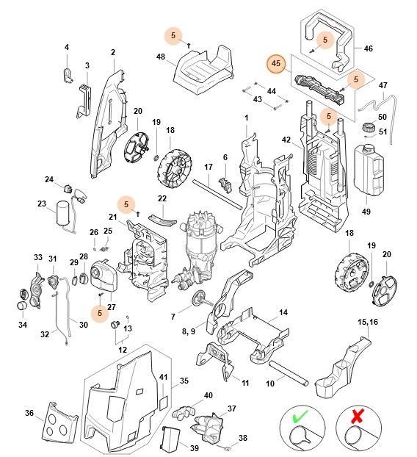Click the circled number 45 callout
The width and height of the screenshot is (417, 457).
tap(276, 65)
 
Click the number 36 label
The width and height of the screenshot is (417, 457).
tap(30, 413)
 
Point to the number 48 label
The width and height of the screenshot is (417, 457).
tap(161, 57)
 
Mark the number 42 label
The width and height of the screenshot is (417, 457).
tap(287, 140)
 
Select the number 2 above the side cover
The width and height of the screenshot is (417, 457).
tap(113, 52)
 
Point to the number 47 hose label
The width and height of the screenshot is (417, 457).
tap(382, 86)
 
